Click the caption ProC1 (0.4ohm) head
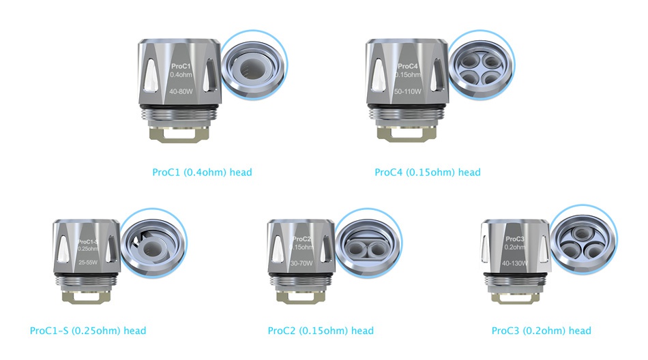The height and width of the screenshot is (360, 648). point(202,172)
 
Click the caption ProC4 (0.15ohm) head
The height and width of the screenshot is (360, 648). point(427,172)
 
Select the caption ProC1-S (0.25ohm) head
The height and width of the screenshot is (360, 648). point(88,331)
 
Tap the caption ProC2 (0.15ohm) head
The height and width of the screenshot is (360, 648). point(321,331)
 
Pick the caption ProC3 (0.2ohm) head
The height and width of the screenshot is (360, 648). point(541,331)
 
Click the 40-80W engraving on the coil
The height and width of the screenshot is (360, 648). point(181,91)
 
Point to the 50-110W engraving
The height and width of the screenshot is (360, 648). point(408,91)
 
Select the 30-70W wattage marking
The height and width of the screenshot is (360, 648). point(301,262)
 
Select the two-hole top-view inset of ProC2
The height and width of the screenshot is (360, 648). point(368,244)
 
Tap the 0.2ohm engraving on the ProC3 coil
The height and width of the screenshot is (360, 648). point(515,247)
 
